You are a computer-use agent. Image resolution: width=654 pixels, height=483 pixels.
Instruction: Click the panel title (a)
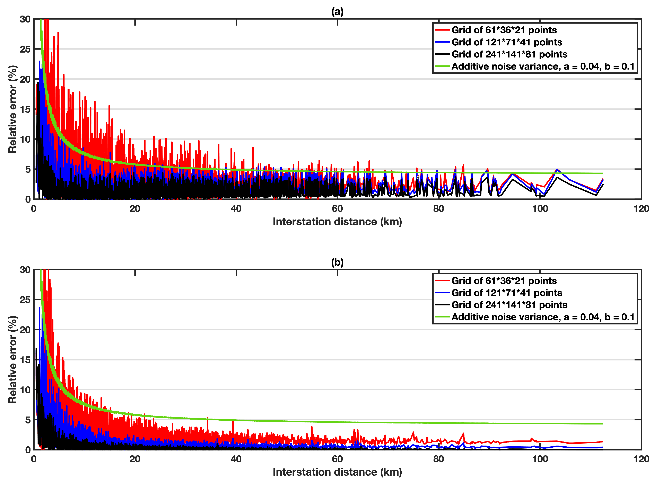(x=337, y=12)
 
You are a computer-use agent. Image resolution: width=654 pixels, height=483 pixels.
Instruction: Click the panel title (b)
(x=337, y=262)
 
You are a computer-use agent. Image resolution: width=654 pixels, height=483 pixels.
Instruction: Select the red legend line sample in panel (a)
(x=442, y=30)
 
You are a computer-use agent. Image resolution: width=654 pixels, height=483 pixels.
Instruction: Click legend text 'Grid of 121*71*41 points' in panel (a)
(x=507, y=42)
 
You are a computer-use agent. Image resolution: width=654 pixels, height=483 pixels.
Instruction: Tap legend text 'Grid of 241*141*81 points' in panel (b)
(x=509, y=305)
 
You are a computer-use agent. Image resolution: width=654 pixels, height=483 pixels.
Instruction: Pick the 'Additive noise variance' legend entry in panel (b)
(x=543, y=317)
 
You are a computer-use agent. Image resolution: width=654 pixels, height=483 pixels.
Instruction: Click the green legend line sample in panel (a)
(x=442, y=66)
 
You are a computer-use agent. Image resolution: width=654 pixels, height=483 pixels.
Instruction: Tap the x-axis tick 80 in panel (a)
(x=438, y=209)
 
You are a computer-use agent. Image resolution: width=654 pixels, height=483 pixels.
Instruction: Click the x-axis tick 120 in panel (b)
(x=641, y=459)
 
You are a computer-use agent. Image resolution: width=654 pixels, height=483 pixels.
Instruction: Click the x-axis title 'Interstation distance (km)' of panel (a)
(x=337, y=222)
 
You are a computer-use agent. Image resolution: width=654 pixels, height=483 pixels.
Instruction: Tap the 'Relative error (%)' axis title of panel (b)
(x=12, y=360)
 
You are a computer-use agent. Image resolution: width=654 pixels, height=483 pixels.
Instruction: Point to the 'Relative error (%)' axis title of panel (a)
(x=12, y=109)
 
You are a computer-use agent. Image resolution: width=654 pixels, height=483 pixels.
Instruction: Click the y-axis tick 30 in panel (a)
(x=25, y=19)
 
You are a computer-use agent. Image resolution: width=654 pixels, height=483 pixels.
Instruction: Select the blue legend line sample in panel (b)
(x=442, y=293)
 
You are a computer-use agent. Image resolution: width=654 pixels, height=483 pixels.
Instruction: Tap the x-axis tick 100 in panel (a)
(x=540, y=209)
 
